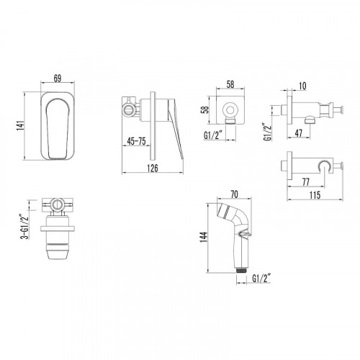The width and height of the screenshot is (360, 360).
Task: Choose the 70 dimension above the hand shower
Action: click(x=233, y=194)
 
